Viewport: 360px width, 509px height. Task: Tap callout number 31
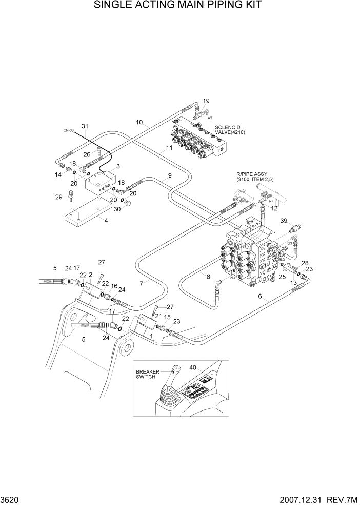(x=85, y=126)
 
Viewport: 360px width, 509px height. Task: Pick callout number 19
(x=206, y=101)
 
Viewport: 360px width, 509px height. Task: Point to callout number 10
(x=139, y=122)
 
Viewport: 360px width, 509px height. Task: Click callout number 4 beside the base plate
(x=106, y=221)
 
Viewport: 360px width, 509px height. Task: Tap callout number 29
(x=59, y=197)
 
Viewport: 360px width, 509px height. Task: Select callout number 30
(x=116, y=209)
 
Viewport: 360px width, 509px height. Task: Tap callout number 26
(x=86, y=154)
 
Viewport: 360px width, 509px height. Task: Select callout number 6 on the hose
(x=260, y=297)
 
